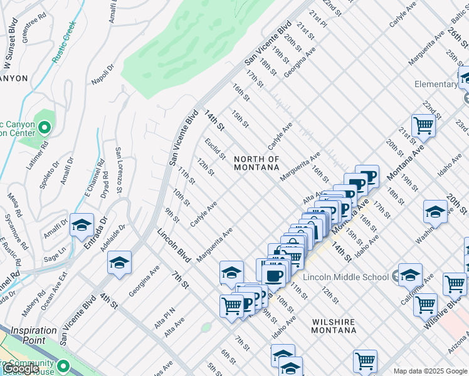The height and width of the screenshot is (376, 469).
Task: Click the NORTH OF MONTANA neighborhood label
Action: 256,163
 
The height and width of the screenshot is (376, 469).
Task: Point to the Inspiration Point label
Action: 33,335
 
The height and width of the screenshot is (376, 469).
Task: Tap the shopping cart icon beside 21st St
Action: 424,126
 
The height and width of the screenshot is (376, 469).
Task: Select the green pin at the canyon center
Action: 44,128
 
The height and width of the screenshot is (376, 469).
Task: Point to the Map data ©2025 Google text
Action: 429,371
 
